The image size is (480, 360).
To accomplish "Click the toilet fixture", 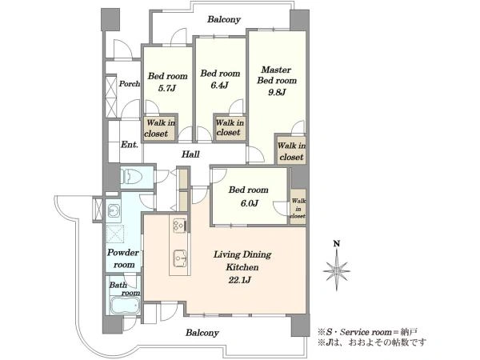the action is (x=132, y=177).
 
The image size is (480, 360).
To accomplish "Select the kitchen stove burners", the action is (x=179, y=226).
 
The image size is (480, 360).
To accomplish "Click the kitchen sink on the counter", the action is (x=180, y=259).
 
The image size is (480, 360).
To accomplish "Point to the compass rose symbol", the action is (x=337, y=270).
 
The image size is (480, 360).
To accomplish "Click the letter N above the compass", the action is (x=337, y=244).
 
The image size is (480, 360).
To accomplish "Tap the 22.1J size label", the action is (x=240, y=280).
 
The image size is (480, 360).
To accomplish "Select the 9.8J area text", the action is (x=277, y=92).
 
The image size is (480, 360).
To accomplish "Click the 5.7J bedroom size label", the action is (x=167, y=89).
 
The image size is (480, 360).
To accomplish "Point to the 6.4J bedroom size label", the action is (x=219, y=86).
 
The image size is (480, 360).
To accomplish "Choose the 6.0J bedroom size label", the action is (x=249, y=202).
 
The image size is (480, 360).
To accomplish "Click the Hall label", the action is (x=190, y=154).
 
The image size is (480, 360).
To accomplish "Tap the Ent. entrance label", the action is (x=130, y=145).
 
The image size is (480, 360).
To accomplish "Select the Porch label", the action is (x=130, y=83).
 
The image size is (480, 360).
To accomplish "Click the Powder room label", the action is (x=123, y=258).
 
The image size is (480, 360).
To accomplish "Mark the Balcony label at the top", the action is (x=224, y=19).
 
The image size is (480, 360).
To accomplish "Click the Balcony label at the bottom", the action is (x=202, y=333).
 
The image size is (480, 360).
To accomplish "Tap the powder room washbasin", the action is (x=114, y=210).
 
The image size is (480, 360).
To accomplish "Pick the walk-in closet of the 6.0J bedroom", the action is (x=298, y=207).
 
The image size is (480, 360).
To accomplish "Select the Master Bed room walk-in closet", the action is (x=291, y=151).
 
